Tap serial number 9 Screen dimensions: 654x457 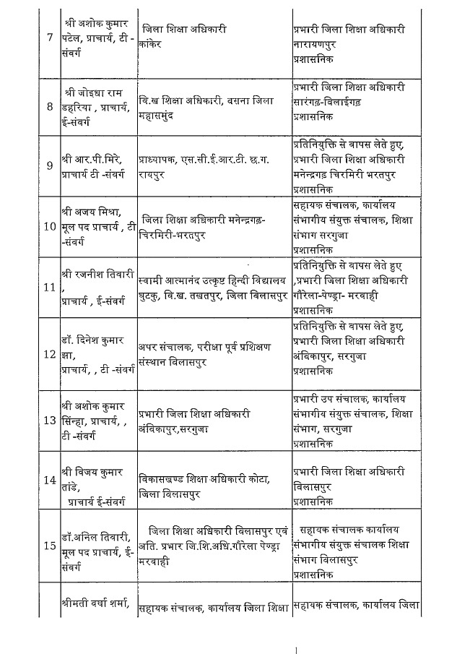[49, 165]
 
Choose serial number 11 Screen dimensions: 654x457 [49, 287]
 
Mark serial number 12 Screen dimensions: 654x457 [49, 354]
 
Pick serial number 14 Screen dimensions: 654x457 [49, 481]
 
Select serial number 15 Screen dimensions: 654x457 [49, 546]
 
